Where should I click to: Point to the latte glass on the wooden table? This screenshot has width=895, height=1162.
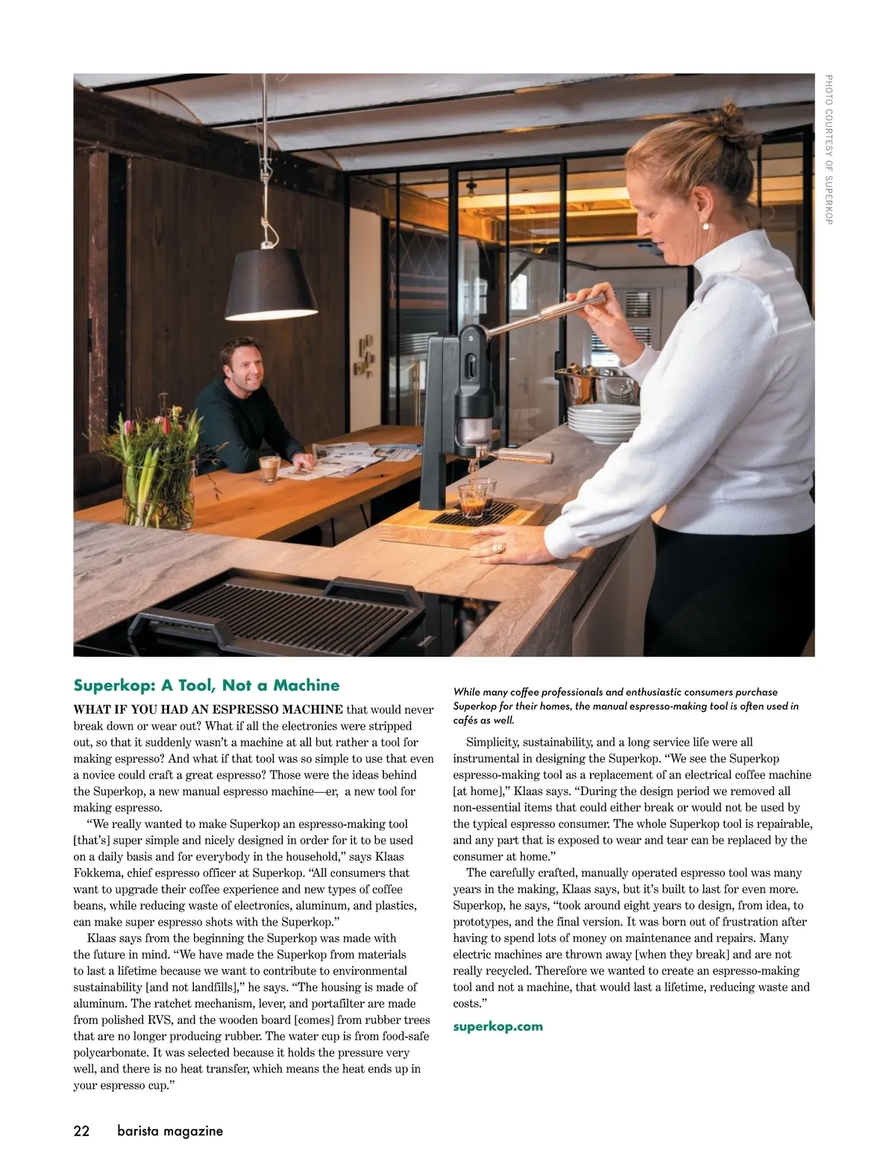268,468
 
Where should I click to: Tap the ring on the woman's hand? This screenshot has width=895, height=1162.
497,548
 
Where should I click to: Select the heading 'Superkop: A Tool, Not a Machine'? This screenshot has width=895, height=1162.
206,685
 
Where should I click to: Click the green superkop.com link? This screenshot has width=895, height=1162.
497,1026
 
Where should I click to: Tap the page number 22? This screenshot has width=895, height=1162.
81,1131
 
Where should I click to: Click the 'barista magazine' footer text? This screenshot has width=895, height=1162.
170,1131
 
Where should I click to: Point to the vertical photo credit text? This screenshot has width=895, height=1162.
828,149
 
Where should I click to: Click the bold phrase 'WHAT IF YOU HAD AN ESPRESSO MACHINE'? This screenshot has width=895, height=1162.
208,709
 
